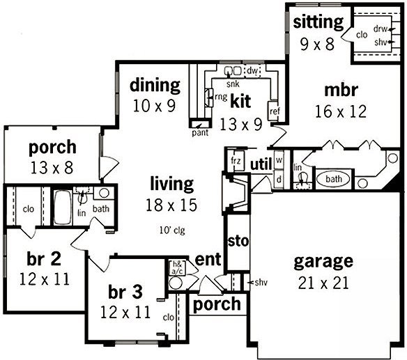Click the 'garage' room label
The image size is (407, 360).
pos(323,262)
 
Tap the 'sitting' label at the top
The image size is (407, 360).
pos(318,22)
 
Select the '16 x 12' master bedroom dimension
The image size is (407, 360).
pos(341,111)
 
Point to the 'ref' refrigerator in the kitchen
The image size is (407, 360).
pos(274,111)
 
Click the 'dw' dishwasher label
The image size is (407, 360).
pos(252,70)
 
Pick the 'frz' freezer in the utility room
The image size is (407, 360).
pos(236,160)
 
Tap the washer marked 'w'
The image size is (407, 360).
pos(279,159)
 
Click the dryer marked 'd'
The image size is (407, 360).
pos(279,179)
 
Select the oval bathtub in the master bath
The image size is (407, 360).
pos(333,179)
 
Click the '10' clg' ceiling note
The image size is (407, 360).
pos(172,230)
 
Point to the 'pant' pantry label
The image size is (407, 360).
pos(200,133)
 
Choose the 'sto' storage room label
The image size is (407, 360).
pos(238,241)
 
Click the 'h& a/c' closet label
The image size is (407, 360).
pos(178,267)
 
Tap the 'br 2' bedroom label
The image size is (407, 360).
pos(44,259)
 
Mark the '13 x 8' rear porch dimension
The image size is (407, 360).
pos(52,167)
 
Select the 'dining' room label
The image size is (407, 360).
pos(155,86)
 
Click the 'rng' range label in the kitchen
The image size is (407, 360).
pos(221,97)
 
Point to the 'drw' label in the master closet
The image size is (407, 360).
pos(380,29)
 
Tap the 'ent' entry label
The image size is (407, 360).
pos(208,259)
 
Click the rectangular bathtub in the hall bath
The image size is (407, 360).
pos(63,208)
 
